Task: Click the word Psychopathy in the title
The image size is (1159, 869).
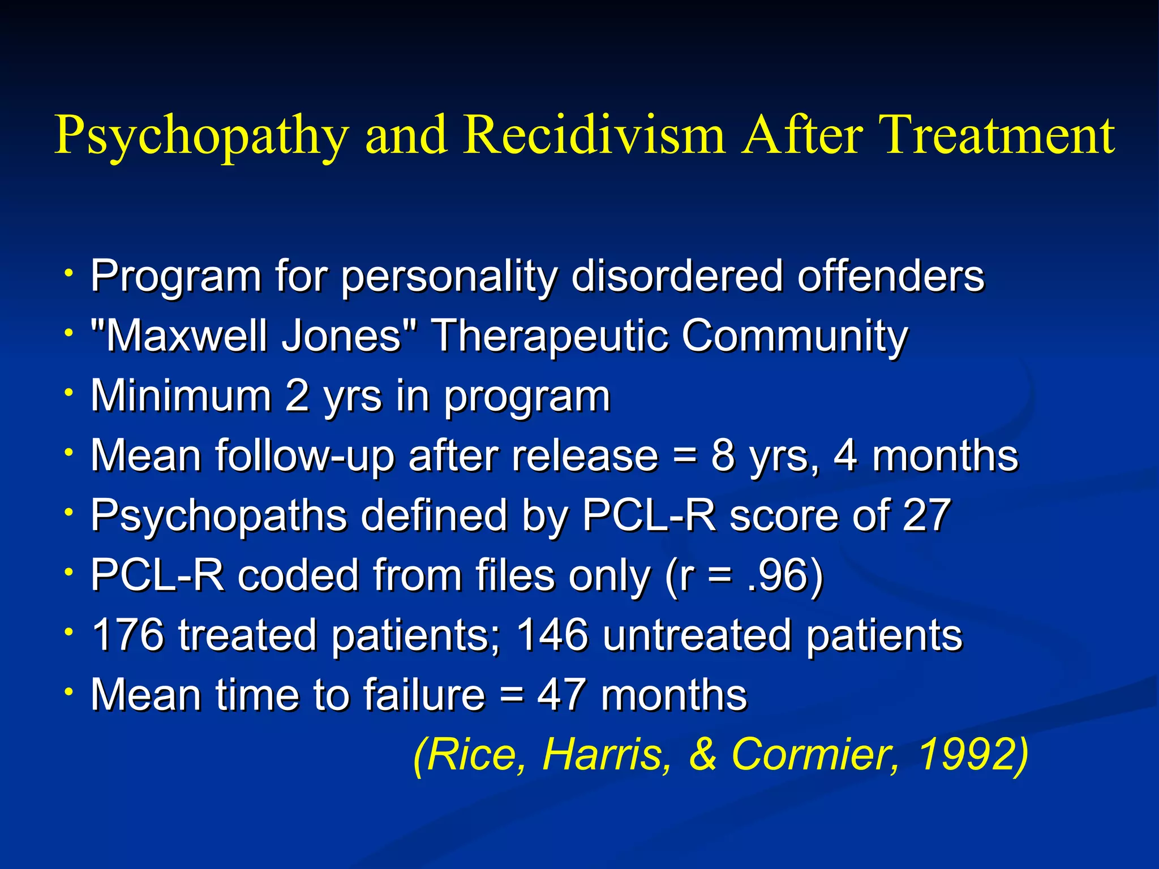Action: (x=201, y=136)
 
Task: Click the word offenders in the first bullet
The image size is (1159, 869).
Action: (x=891, y=276)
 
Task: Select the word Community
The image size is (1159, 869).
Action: (x=795, y=336)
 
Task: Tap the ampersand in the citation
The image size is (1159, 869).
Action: (x=703, y=754)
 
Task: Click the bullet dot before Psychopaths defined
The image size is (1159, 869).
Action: (x=68, y=513)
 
